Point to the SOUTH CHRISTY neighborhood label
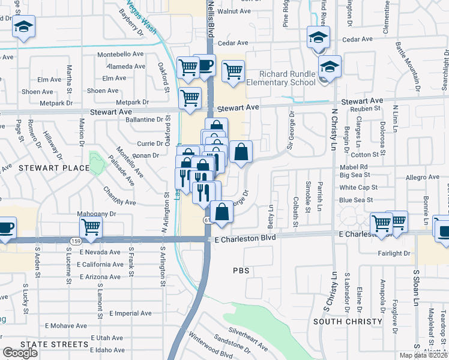point(348,322)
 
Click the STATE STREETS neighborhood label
point(54,344)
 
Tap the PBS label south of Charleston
point(240,271)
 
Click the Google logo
point(20,353)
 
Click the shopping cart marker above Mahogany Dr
point(91,227)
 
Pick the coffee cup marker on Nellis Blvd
point(205,64)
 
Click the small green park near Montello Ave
point(96,163)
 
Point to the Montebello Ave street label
point(121,53)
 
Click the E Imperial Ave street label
point(130,313)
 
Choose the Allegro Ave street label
point(423,177)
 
